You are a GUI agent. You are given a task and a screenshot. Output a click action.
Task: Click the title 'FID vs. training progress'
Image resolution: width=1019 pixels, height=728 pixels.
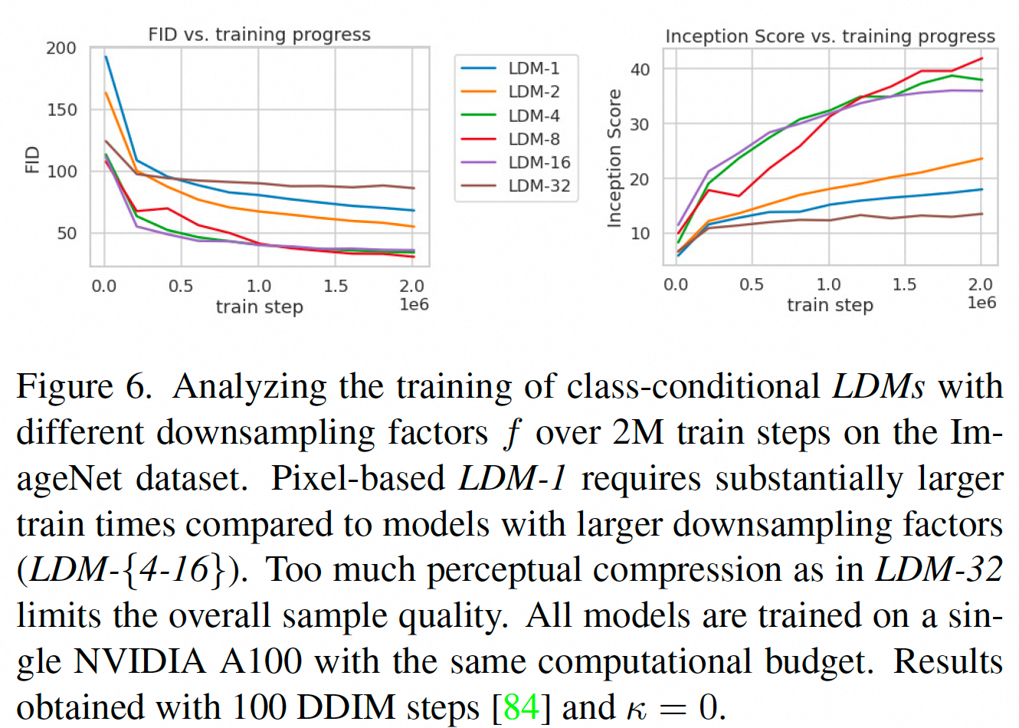click(x=259, y=34)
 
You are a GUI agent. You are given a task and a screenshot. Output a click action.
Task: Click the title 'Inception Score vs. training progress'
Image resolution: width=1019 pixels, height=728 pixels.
click(x=830, y=36)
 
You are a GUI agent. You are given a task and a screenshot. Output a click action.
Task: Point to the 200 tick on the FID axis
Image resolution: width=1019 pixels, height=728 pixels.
click(x=61, y=48)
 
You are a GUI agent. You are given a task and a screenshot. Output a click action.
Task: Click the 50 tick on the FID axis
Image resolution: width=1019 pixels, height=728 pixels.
click(x=66, y=233)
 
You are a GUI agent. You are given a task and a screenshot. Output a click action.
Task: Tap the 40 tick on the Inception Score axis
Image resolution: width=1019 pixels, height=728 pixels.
click(x=640, y=70)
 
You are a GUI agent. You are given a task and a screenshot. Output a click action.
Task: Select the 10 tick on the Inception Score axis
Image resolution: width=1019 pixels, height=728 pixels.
click(x=640, y=234)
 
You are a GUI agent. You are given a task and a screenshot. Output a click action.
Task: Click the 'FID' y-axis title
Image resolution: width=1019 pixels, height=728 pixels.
click(x=31, y=159)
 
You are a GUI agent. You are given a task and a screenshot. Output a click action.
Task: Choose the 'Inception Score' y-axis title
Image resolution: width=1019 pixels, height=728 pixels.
click(x=614, y=158)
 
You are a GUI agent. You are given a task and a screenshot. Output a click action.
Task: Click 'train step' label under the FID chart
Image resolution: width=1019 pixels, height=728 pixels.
click(x=259, y=307)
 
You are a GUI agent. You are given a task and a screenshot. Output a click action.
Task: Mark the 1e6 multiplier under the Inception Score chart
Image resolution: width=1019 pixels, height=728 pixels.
click(x=981, y=303)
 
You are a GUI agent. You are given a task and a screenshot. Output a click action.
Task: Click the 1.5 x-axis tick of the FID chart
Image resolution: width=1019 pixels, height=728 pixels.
click(x=336, y=287)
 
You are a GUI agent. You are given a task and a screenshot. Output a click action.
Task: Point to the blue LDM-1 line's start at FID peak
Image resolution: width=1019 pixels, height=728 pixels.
click(x=106, y=57)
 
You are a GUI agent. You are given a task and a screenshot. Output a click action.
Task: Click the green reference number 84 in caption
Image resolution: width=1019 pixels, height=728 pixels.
click(x=523, y=707)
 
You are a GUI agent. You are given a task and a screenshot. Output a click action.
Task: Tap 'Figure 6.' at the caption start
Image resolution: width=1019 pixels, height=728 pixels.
click(x=84, y=386)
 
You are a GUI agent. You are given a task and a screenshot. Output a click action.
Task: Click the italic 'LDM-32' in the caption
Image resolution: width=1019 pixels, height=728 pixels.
click(x=939, y=569)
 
